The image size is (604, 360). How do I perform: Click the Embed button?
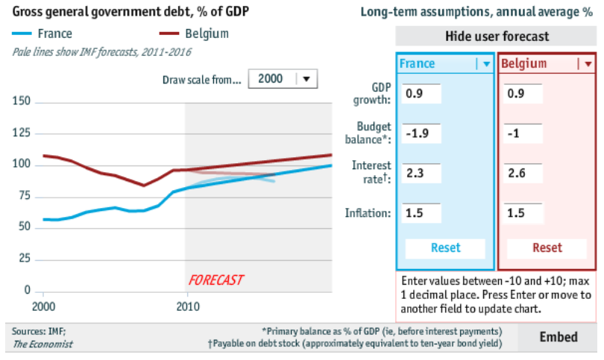[559, 337]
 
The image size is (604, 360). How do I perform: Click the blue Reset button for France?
[445, 247]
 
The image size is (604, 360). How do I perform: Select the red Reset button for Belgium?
[547, 247]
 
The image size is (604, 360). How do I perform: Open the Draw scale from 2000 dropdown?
[283, 78]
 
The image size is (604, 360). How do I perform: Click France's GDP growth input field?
[421, 95]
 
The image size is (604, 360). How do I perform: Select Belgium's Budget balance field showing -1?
[523, 133]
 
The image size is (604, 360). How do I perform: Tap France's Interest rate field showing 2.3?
[421, 174]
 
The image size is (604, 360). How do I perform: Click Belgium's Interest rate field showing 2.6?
[523, 174]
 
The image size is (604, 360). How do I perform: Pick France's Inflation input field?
[421, 213]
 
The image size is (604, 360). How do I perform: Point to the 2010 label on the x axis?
[186, 306]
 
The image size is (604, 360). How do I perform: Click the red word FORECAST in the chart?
[216, 280]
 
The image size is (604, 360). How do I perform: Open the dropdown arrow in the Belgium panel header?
[588, 64]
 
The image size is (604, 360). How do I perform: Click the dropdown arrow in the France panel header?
[485, 64]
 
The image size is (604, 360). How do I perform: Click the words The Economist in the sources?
[43, 344]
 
